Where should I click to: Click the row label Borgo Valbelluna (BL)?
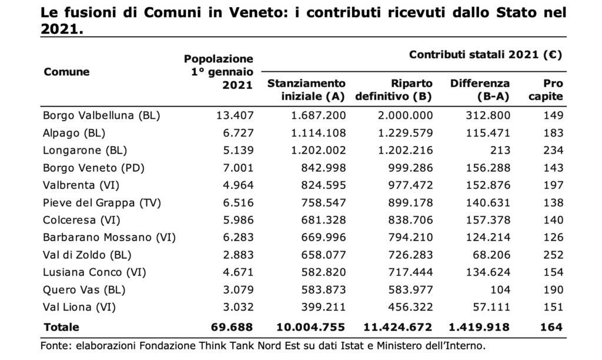pyautogui.click(x=101, y=116)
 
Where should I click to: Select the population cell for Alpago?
pyautogui.click(x=239, y=133)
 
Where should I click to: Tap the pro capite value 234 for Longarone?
pyautogui.click(x=553, y=150)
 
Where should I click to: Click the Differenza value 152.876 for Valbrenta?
pyautogui.click(x=489, y=185)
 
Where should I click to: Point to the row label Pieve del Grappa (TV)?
pyautogui.click(x=102, y=203)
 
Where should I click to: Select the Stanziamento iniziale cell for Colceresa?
pyautogui.click(x=324, y=220)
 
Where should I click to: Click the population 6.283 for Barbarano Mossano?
pyautogui.click(x=239, y=238)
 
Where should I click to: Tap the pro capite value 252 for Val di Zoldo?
pyautogui.click(x=553, y=255)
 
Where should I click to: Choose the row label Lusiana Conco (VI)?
pyautogui.click(x=95, y=272)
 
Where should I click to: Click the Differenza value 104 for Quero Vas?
pyautogui.click(x=501, y=289)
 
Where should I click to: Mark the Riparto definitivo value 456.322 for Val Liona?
pyautogui.click(x=410, y=308)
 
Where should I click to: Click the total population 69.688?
pyautogui.click(x=232, y=327)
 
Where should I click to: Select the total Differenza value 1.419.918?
pyautogui.click(x=479, y=327)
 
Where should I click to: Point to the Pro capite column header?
pyautogui.click(x=546, y=90)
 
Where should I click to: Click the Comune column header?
pyautogui.click(x=66, y=72)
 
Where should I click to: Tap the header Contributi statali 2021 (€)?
pyautogui.click(x=485, y=55)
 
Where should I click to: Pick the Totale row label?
pyautogui.click(x=61, y=327)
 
